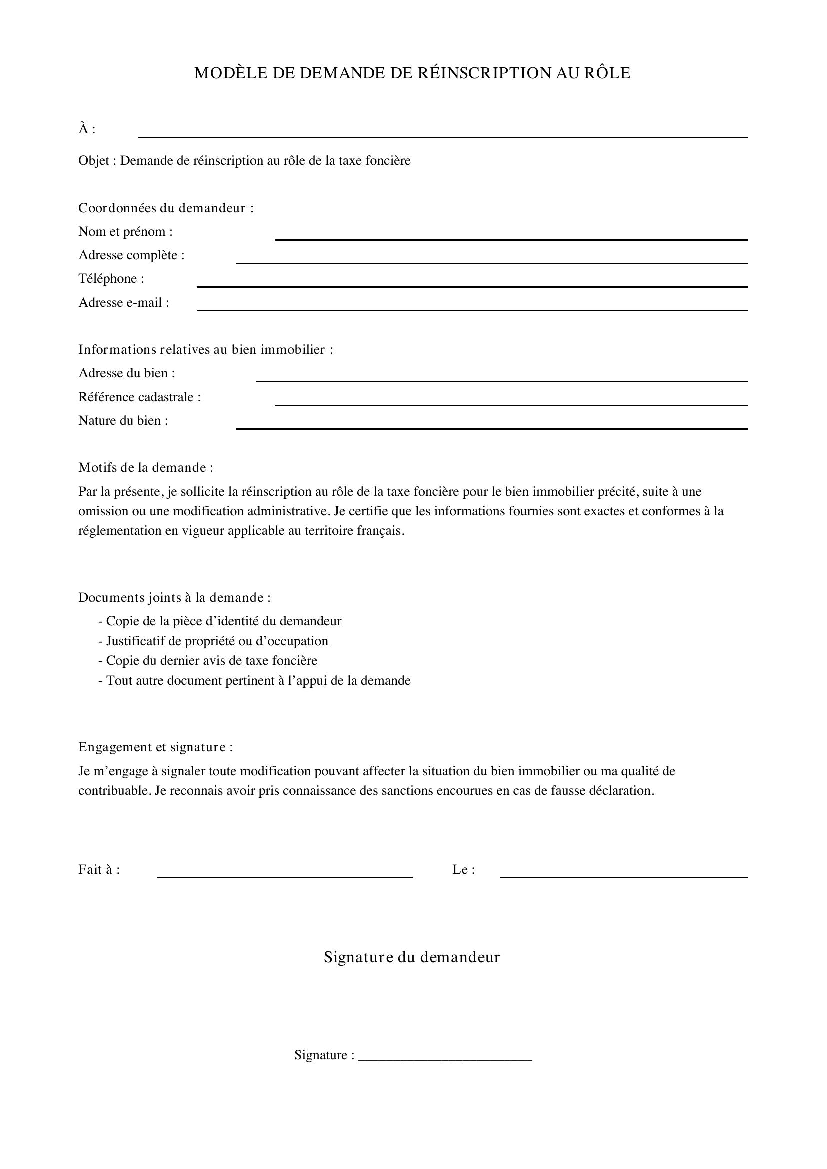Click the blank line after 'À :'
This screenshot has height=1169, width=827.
[x=442, y=136]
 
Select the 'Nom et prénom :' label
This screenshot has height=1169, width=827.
[x=126, y=232]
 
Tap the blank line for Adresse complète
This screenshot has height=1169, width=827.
[x=491, y=262]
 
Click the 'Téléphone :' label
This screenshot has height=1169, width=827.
[x=111, y=278]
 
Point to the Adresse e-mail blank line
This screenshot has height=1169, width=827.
[x=472, y=309]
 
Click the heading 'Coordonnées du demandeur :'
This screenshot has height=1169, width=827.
[x=166, y=208]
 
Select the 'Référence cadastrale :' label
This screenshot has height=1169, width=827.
[x=139, y=397]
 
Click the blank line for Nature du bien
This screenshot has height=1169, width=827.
[x=491, y=428]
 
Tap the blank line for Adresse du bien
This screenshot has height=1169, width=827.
[x=501, y=380]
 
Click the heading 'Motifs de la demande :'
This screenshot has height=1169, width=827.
[x=146, y=467]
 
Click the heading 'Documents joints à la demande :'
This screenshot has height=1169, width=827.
[x=174, y=597]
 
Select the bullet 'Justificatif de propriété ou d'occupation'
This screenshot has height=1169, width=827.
[x=214, y=641]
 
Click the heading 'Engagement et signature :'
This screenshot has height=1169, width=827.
[x=156, y=747]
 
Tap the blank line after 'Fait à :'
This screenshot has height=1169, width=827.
[x=285, y=876]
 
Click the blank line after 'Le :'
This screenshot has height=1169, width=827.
[x=624, y=876]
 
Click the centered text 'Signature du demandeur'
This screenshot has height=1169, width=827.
[x=412, y=957]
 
